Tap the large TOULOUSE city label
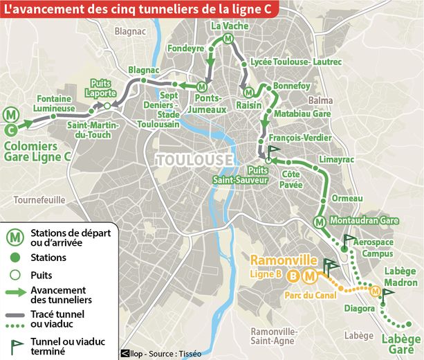[x=194, y=160]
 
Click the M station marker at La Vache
[x=228, y=39]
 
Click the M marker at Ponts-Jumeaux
[x=201, y=87]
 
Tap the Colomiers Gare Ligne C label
[x=38, y=152]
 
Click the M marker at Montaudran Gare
[x=319, y=222]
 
